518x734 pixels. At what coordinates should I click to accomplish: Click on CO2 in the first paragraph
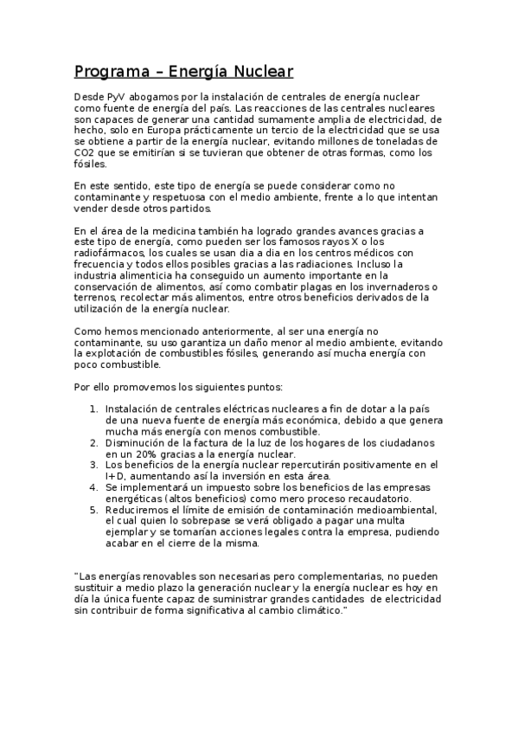pos(84,152)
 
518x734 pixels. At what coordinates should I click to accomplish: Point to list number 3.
pos(93,465)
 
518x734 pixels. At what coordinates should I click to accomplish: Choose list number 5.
pos(93,511)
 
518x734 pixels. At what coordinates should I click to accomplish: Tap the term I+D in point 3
pos(114,476)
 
